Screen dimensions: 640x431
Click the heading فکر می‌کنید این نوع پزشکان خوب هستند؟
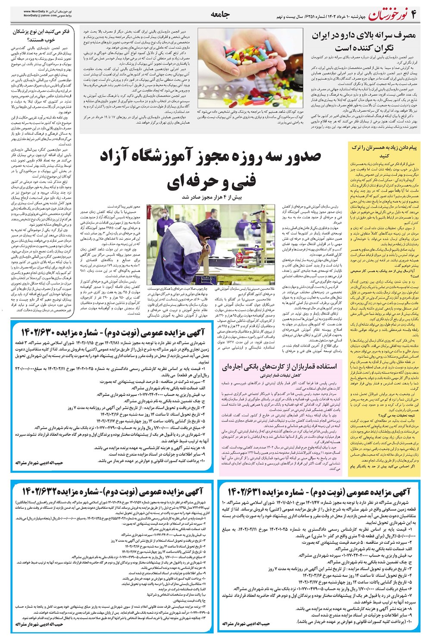click(x=39, y=36)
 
